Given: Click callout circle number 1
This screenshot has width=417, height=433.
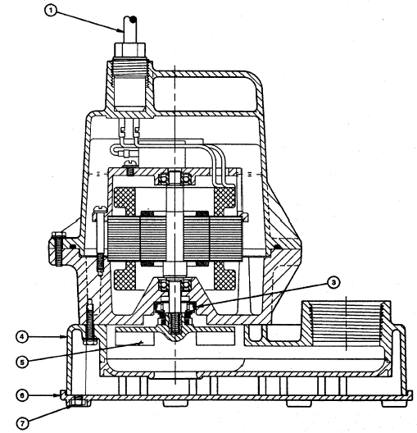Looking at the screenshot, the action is coord(51,11).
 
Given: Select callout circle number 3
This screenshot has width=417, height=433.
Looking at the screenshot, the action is coord(333,282).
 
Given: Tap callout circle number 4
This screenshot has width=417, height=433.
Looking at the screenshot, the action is coord(22,337).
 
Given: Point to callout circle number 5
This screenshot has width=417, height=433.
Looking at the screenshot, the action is coord(22,362).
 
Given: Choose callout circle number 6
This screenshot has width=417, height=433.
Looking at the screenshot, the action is coord(22,395).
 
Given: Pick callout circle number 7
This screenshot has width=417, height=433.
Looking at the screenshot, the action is coord(22,423).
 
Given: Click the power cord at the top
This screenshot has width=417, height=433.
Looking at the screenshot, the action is coord(130,29).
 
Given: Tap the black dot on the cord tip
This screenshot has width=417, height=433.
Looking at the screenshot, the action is coord(134,20).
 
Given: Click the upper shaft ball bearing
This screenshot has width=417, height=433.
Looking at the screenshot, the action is coord(175,178).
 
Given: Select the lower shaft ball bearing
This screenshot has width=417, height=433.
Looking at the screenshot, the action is coord(175,285).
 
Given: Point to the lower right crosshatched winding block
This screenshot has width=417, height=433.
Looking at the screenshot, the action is coord(224,276).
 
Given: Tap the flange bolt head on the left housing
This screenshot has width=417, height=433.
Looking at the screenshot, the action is coord(58,235).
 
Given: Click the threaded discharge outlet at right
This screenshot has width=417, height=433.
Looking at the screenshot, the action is coord(347,322).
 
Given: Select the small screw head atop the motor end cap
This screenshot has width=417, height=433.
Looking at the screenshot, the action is coord(131,163).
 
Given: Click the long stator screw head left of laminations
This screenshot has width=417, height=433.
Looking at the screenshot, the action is coord(100,209).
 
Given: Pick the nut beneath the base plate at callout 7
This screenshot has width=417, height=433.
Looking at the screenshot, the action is coord(79,402).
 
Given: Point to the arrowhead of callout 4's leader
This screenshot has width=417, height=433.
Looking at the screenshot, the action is coord(65,336).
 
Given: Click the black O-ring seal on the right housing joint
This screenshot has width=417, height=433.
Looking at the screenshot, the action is coord(278,246).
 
